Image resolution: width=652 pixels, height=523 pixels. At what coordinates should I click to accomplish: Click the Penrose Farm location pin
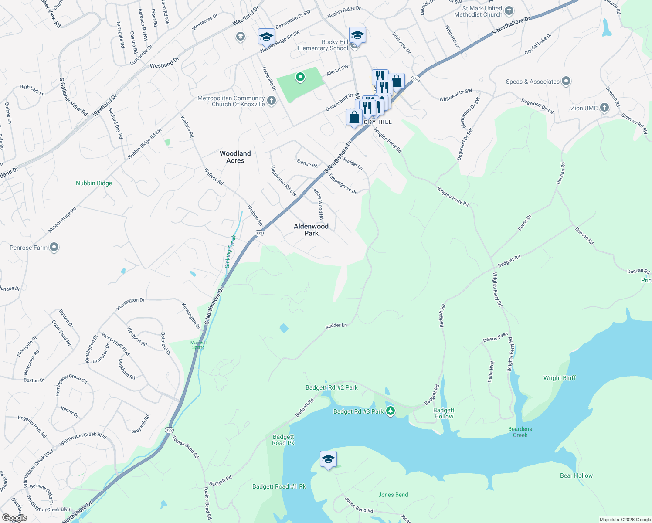[x=54, y=248]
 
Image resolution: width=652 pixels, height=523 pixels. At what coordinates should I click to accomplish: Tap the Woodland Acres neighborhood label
[x=235, y=157]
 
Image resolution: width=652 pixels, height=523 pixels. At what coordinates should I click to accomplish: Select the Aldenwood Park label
[x=311, y=230]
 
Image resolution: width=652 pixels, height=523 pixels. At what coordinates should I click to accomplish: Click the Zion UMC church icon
[x=604, y=108]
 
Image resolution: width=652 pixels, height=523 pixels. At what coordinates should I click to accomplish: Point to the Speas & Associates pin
[x=566, y=81]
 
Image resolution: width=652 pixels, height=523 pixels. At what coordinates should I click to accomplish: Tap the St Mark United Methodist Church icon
[x=509, y=11]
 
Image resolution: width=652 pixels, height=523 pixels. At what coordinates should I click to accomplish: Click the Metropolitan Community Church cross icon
[x=271, y=101]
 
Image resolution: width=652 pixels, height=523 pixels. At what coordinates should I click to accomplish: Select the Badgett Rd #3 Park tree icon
[x=391, y=411]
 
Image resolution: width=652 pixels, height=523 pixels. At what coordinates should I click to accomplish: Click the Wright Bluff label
[x=559, y=378]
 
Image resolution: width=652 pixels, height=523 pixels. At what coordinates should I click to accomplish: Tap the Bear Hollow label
[x=576, y=475]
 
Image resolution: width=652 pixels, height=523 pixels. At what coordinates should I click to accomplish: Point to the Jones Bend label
[x=393, y=495]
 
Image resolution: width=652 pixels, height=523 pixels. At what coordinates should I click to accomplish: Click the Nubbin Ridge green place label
[x=94, y=183]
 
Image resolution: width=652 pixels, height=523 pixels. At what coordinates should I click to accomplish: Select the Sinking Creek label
[x=230, y=251]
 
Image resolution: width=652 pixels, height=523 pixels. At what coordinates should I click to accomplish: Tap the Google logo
[x=14, y=517]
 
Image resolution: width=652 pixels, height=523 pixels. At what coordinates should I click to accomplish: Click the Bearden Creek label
[x=520, y=432]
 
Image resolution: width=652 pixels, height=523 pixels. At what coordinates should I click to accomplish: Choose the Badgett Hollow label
[x=444, y=413]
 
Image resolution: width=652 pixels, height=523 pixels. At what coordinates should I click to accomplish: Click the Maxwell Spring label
[x=198, y=345]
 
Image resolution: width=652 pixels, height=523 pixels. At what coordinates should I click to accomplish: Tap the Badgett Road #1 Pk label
[x=279, y=486]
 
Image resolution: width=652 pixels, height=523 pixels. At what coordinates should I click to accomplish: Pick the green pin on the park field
[x=300, y=77]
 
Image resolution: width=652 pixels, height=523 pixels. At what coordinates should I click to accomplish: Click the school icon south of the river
[x=328, y=459]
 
